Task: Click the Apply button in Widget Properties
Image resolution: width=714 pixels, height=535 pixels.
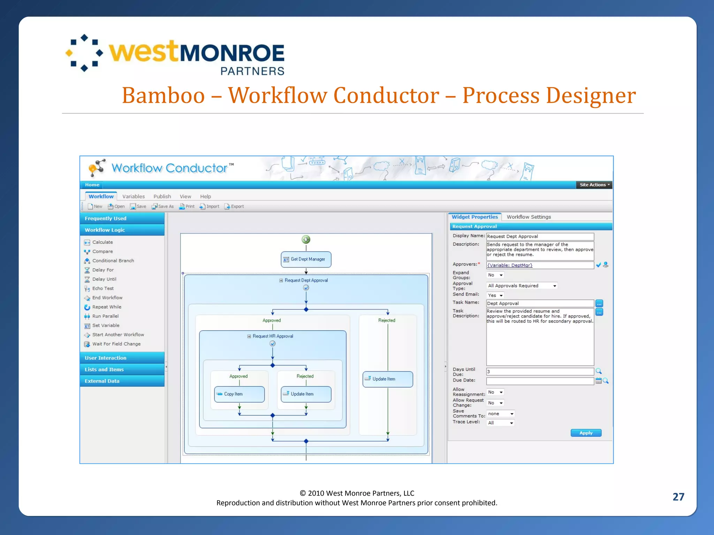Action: coord(586,433)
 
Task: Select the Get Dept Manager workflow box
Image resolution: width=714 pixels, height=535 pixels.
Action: coord(306,259)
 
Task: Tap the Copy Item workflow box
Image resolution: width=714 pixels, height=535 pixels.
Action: coord(239,394)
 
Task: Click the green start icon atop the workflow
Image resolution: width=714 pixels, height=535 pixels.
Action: coord(306,239)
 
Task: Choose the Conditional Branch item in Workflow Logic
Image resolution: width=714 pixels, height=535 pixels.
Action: coord(113,261)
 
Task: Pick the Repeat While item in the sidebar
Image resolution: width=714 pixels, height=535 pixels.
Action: coord(106,307)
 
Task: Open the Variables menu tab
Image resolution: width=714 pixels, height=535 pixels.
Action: coord(133,196)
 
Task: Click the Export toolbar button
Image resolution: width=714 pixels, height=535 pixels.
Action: coord(234,207)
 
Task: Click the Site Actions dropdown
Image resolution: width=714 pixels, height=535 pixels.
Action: coord(594,185)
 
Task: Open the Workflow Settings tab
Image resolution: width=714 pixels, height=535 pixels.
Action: coord(529,217)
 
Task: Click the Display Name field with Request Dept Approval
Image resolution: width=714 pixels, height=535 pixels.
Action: coord(540,237)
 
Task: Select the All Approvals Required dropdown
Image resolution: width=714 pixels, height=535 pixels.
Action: coord(522,286)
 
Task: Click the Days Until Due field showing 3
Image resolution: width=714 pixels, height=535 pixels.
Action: coord(540,372)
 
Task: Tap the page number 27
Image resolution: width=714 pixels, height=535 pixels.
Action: coord(678,497)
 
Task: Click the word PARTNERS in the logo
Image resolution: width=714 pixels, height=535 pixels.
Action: coord(252,71)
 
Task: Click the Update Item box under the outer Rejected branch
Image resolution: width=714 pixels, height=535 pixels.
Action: coord(387,379)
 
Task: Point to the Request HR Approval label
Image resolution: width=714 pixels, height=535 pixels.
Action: coord(273,336)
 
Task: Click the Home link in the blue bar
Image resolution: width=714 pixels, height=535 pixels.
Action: coord(92,185)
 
